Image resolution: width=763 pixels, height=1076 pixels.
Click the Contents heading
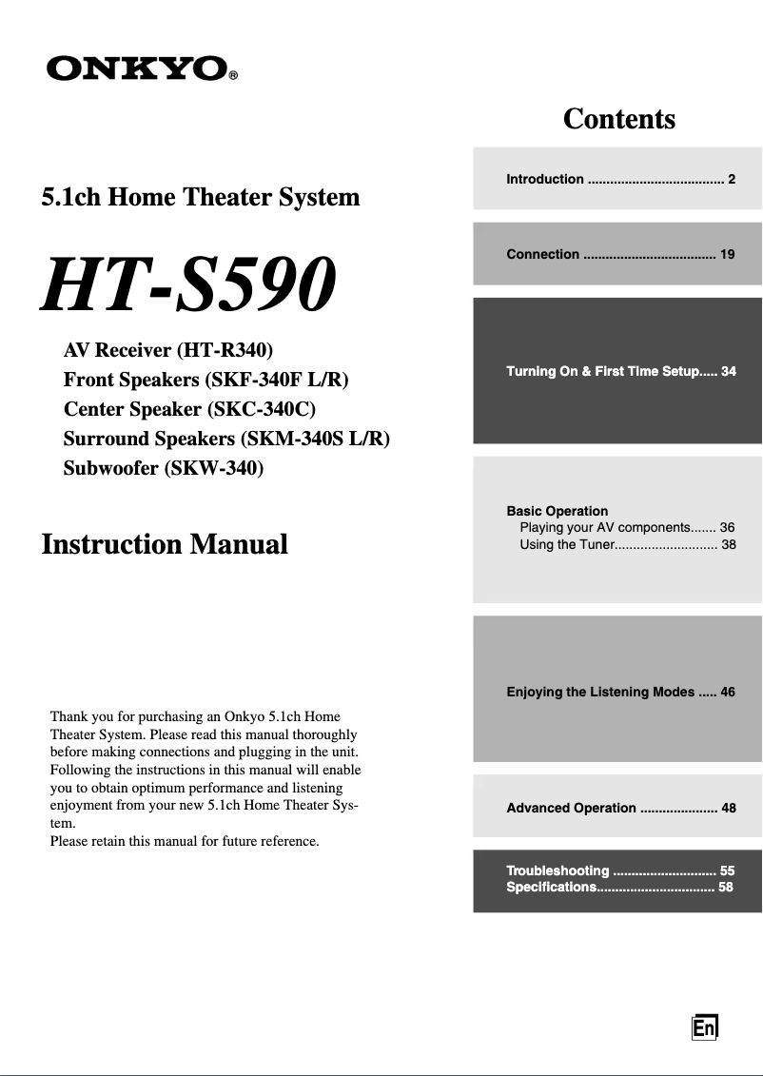click(618, 119)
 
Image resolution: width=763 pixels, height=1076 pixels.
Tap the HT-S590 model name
click(187, 284)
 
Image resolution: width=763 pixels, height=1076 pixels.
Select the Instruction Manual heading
click(165, 544)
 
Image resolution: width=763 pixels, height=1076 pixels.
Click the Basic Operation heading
click(557, 511)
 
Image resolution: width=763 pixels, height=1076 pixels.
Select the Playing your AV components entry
click(627, 527)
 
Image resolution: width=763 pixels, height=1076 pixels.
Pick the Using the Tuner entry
click(627, 544)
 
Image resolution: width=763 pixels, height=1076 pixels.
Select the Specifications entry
click(619, 887)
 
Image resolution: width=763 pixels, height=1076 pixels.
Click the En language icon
click(704, 1028)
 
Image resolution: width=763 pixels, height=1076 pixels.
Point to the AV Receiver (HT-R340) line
click(168, 350)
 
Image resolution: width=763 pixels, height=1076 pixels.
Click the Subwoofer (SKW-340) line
click(163, 468)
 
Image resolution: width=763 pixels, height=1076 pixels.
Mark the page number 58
click(726, 887)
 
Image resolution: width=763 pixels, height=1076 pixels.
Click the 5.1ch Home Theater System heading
click(201, 197)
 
